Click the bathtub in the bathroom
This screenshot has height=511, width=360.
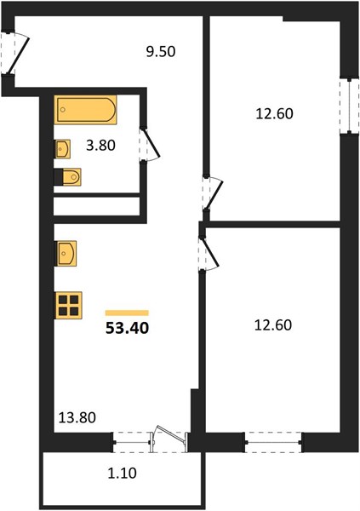point(85,110)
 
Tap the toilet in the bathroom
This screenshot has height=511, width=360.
point(67,177)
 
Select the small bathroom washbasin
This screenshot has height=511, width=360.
point(62,149)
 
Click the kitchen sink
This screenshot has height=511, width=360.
point(66,253)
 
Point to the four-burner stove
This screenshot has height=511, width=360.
point(68,305)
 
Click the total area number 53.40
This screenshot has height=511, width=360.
point(128,328)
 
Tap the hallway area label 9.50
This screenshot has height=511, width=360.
point(161,51)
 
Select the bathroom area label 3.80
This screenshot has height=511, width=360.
point(100,145)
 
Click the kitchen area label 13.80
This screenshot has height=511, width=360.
point(77,417)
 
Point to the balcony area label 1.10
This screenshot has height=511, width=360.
point(123,473)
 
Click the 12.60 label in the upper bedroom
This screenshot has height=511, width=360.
point(274,114)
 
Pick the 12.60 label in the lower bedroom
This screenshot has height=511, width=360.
point(273,325)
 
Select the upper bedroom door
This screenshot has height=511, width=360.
point(214,194)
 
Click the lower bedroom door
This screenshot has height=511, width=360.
point(210,253)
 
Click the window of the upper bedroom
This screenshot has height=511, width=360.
point(349,106)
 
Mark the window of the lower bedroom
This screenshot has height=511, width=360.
point(273,442)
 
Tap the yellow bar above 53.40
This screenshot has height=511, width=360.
point(127,313)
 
